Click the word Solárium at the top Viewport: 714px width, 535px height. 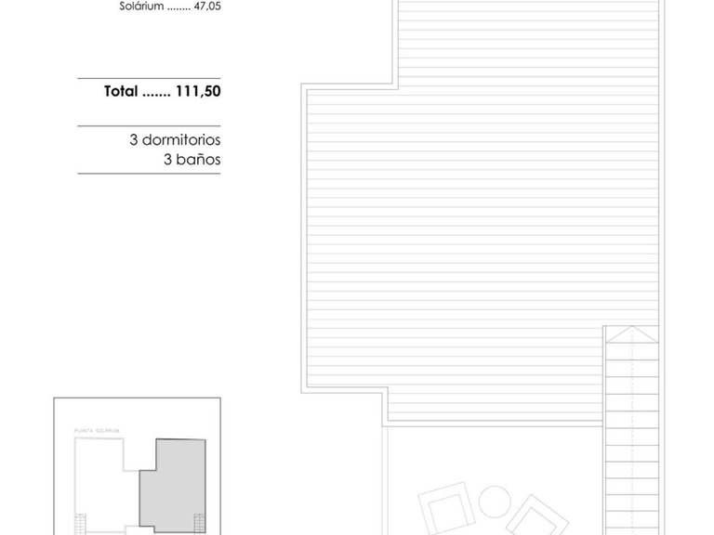(141, 6)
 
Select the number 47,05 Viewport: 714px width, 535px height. (205, 6)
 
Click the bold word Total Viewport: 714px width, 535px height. (121, 92)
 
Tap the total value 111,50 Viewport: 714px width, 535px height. (197, 92)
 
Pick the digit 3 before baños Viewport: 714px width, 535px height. (167, 158)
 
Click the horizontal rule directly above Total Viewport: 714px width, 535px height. (149, 78)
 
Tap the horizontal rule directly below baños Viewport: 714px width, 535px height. (149, 174)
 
